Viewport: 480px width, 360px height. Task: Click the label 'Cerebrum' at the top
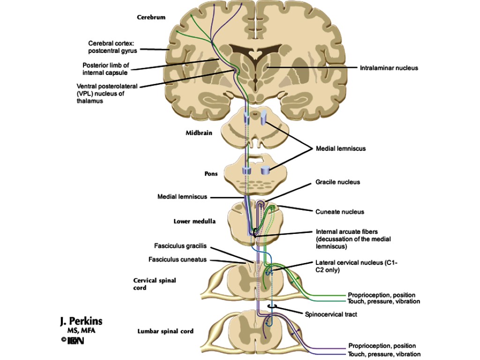point(151,17)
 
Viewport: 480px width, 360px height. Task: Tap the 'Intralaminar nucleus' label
point(389,68)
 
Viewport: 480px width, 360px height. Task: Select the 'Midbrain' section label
point(199,133)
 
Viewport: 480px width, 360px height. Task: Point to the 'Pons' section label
point(210,173)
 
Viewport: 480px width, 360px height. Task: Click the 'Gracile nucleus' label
point(337,182)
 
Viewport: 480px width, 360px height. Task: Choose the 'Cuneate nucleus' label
point(339,212)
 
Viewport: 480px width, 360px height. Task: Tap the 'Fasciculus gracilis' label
point(180,246)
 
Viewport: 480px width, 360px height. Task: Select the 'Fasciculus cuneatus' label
point(177,259)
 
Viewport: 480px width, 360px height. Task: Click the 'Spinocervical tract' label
point(330,315)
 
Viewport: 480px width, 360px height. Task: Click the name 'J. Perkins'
point(81,321)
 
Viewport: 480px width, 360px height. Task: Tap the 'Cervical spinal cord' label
point(155,284)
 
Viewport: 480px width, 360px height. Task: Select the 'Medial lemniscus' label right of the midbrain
point(341,149)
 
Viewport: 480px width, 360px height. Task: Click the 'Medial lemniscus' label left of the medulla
point(182,197)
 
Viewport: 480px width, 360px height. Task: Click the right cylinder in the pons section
point(266,171)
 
